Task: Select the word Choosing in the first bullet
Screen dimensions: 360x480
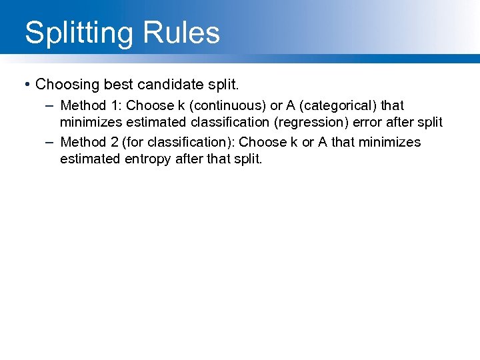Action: coord(65,85)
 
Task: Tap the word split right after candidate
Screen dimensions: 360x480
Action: coord(220,85)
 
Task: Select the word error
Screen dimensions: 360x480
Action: coord(367,123)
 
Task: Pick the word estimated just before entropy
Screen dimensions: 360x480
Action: coord(89,159)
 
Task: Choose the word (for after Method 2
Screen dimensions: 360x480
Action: coord(134,142)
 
